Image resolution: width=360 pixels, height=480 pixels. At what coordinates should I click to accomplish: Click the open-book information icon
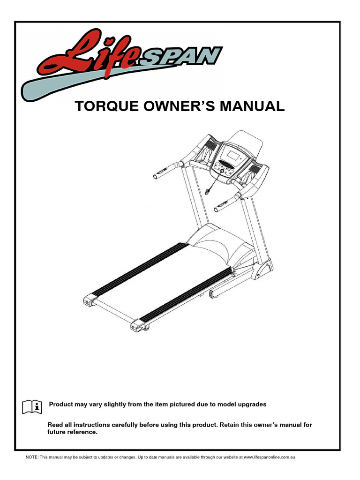click(x=32, y=406)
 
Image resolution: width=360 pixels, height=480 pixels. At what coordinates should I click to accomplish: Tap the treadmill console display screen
click(x=230, y=152)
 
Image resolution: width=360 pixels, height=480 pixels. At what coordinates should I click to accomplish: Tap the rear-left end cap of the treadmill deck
click(x=89, y=300)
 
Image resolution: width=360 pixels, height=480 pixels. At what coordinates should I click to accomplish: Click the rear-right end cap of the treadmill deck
click(x=140, y=324)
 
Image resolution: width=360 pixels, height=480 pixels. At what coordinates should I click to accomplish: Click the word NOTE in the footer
click(x=31, y=457)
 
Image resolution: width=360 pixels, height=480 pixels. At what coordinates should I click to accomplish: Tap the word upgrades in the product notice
click(x=254, y=404)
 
